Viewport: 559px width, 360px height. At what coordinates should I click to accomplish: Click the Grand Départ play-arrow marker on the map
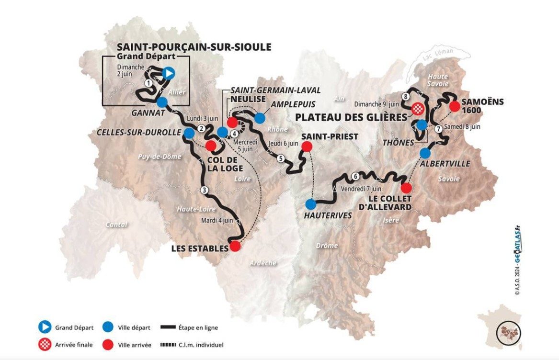pyautogui.click(x=168, y=73)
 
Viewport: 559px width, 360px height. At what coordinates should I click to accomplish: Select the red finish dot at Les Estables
pyautogui.click(x=235, y=246)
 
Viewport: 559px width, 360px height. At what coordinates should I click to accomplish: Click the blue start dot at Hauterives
pyautogui.click(x=311, y=204)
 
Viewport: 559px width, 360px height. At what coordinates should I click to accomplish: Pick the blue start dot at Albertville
pyautogui.click(x=425, y=153)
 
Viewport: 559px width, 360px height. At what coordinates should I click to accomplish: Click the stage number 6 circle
pyautogui.click(x=354, y=176)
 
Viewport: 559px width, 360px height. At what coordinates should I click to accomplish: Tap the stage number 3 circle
pyautogui.click(x=205, y=190)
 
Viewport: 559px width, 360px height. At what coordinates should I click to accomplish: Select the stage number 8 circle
pyautogui.click(x=406, y=97)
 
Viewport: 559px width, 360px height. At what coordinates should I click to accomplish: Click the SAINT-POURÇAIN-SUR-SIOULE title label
pyautogui.click(x=194, y=47)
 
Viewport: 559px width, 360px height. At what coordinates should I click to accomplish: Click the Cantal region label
pyautogui.click(x=116, y=224)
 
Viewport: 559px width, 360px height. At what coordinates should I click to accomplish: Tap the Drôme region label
pyautogui.click(x=327, y=246)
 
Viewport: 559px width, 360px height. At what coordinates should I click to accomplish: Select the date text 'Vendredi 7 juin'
pyautogui.click(x=361, y=189)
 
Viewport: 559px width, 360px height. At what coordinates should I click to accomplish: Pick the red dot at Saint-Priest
pyautogui.click(x=307, y=146)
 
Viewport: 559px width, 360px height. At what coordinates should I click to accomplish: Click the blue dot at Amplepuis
pyautogui.click(x=260, y=118)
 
